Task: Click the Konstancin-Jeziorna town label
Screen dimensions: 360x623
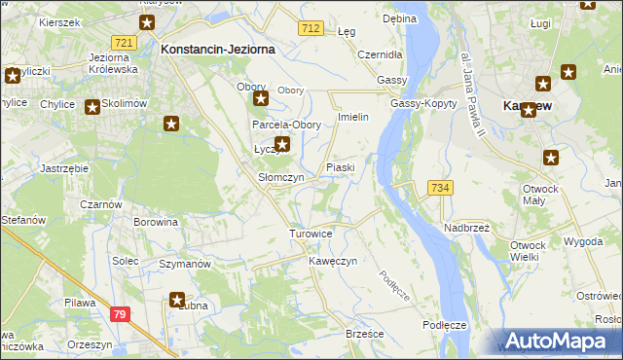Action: pyautogui.click(x=218, y=48)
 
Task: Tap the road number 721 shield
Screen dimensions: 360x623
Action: pyautogui.click(x=124, y=43)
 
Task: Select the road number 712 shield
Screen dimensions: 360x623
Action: pyautogui.click(x=311, y=29)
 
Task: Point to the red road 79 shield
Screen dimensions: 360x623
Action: pyautogui.click(x=119, y=313)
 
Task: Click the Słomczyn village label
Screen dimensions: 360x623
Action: pyautogui.click(x=280, y=178)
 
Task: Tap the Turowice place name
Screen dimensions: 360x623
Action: pyautogui.click(x=311, y=234)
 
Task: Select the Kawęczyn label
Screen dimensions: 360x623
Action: pyautogui.click(x=334, y=262)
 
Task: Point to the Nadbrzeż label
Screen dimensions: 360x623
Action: pyautogui.click(x=467, y=227)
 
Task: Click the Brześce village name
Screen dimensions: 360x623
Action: pyautogui.click(x=365, y=333)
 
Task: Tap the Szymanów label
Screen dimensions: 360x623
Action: pyautogui.click(x=185, y=265)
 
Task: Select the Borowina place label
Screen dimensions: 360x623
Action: pyautogui.click(x=156, y=222)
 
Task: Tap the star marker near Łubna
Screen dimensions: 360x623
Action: pyautogui.click(x=178, y=301)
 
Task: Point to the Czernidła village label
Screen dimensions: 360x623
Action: pyautogui.click(x=381, y=54)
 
